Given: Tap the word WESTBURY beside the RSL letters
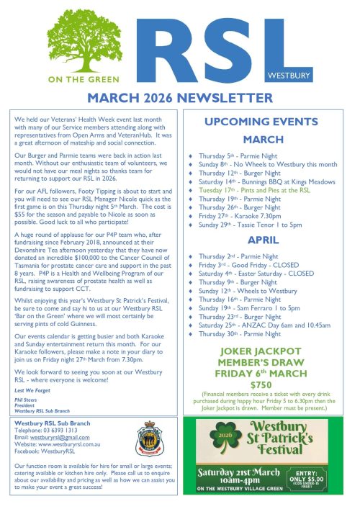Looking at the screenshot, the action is tap(325, 74).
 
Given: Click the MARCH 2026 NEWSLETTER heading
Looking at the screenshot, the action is tap(180, 98).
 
